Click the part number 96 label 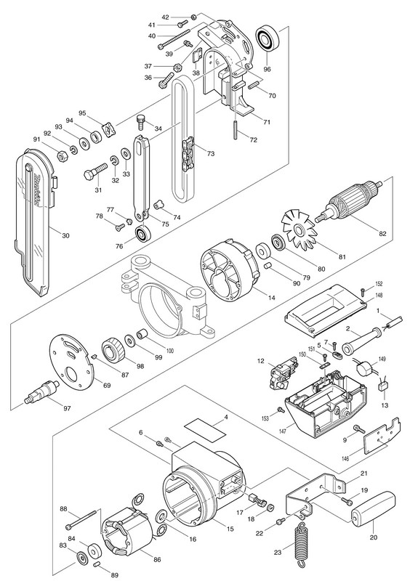point(267,69)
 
